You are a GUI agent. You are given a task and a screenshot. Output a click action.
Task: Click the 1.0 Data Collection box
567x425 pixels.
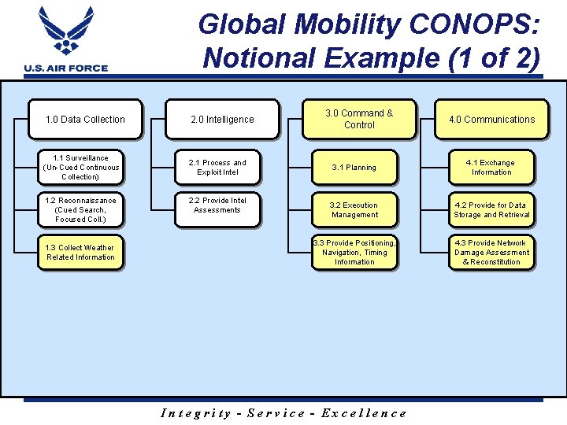[x=85, y=120]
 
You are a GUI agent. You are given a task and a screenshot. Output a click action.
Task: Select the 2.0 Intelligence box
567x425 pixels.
[x=222, y=120]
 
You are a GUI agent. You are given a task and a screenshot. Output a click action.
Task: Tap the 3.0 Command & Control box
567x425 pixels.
[x=359, y=120]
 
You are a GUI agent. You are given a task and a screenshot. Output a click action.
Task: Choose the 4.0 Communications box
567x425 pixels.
[x=491, y=120]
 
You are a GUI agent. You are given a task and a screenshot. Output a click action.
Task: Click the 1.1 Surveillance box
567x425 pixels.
[x=82, y=168]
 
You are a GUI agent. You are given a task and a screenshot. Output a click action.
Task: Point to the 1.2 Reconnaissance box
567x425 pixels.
[x=80, y=210]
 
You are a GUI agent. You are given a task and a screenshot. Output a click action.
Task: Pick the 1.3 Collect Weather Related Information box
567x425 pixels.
[x=80, y=253]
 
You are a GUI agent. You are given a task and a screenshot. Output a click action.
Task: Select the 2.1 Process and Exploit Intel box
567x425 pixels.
[x=217, y=168]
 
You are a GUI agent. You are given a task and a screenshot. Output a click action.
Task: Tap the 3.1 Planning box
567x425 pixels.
[x=354, y=168]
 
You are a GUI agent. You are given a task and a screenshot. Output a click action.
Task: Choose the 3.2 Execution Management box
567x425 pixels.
[x=354, y=210]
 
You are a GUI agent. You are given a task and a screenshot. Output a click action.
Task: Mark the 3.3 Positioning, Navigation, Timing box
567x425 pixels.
[x=354, y=253]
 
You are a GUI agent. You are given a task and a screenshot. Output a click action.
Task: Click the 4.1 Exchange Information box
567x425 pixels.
[x=491, y=168]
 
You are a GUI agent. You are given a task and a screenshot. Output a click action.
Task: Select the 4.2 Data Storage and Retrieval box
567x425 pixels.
[x=491, y=210]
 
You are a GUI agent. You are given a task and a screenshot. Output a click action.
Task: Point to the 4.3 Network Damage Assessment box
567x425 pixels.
[x=491, y=253]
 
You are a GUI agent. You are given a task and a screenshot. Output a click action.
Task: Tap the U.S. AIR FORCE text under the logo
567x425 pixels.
[x=66, y=68]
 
